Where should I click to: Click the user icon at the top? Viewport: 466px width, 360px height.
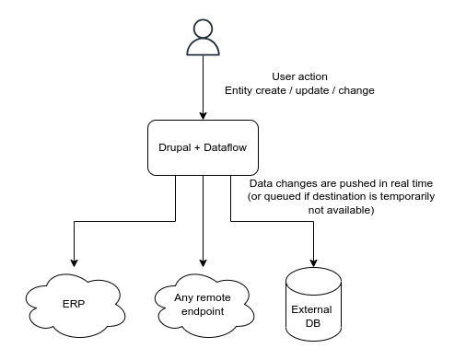click(x=203, y=39)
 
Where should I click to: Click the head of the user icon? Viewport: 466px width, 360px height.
click(x=203, y=29)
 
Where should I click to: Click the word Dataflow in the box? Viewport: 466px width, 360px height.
click(x=226, y=146)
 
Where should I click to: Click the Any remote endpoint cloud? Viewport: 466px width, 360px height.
click(x=203, y=301)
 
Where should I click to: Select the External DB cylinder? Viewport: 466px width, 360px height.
click(x=316, y=302)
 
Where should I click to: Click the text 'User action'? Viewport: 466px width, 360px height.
click(x=301, y=75)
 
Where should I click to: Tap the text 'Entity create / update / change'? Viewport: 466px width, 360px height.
click(x=300, y=90)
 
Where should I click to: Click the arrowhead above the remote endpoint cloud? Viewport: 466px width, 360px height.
click(x=203, y=260)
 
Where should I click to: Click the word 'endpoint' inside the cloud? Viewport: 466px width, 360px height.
click(x=203, y=310)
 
